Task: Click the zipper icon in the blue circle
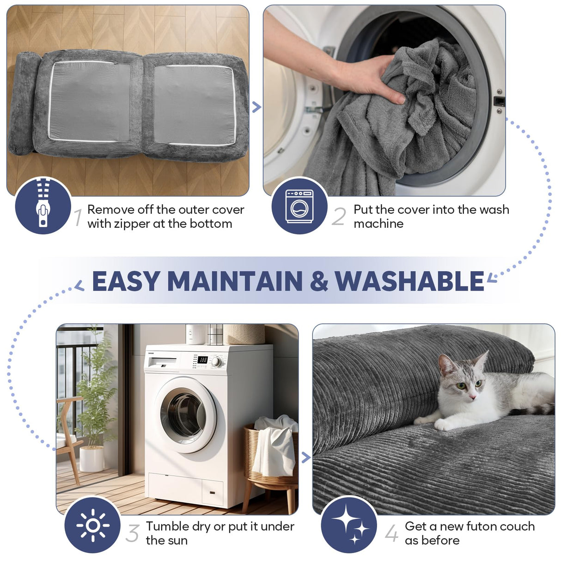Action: [43, 203]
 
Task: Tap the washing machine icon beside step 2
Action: [299, 206]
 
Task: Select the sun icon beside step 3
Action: [93, 525]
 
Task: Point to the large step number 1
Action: [78, 217]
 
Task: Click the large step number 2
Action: [339, 217]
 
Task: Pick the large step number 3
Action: [133, 533]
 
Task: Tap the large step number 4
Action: [391, 533]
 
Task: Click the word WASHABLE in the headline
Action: [409, 281]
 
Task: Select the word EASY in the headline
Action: [126, 281]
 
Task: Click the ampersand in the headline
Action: [319, 281]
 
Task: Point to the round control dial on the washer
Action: [216, 362]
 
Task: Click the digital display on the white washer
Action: [202, 360]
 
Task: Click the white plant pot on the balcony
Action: [91, 458]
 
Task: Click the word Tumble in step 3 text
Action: [163, 526]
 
